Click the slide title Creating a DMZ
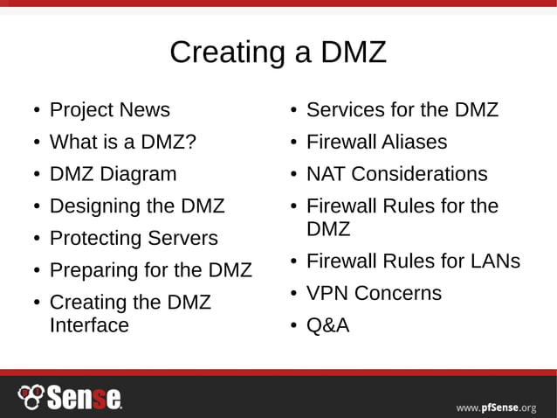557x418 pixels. [x=278, y=52]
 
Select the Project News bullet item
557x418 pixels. [x=109, y=110]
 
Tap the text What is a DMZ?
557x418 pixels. [x=122, y=143]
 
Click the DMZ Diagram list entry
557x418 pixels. [x=113, y=174]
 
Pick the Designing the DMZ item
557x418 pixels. [x=137, y=206]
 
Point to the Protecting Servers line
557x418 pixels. [x=134, y=239]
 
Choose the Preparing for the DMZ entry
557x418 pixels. [x=150, y=270]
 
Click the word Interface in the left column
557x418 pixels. [x=89, y=325]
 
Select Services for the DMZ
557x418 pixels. [x=402, y=110]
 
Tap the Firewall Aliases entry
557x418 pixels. [x=376, y=143]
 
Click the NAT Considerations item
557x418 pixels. [x=396, y=174]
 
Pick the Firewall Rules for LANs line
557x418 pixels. [x=413, y=261]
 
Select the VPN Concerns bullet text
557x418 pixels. [x=374, y=294]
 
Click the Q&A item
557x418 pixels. [x=327, y=326]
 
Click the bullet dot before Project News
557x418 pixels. [x=36, y=111]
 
